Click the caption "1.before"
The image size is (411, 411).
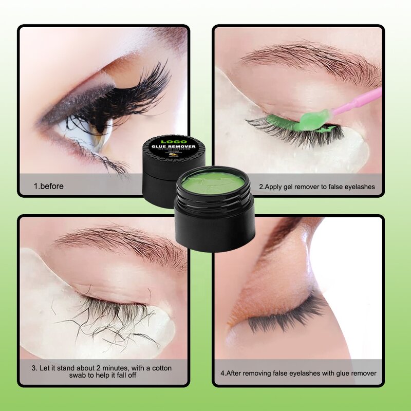[49, 186]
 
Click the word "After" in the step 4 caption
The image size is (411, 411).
[236, 373]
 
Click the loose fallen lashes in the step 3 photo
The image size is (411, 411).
[103, 324]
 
